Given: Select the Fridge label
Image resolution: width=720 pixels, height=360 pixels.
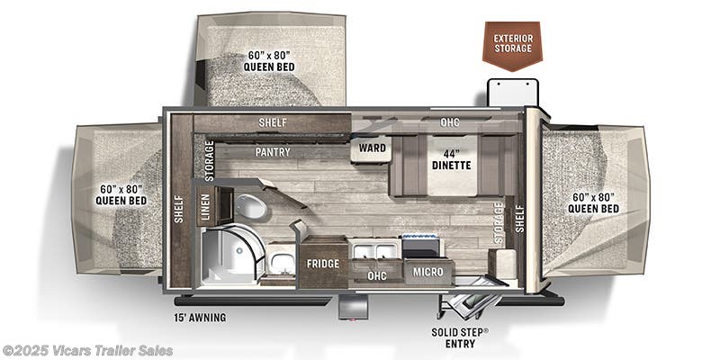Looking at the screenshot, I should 321,264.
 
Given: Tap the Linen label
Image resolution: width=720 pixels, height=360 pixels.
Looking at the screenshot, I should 204,206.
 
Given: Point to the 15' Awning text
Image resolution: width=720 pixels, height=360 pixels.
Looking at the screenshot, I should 201,317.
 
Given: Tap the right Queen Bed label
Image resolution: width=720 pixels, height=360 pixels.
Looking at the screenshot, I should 592,202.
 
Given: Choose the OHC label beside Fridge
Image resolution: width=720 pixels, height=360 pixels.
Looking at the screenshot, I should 376,275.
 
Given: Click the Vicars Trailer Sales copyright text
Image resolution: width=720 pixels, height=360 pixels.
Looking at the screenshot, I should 87,351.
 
